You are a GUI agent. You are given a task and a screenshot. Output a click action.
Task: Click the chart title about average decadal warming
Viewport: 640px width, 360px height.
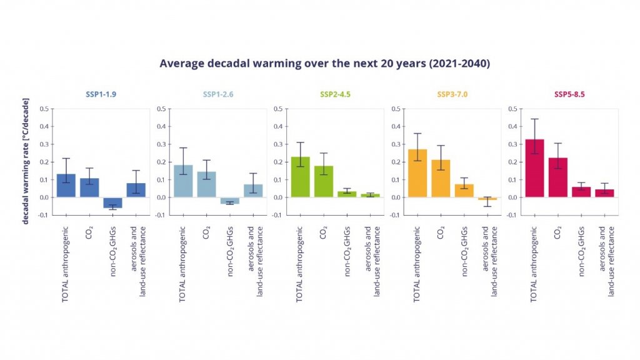(324, 63)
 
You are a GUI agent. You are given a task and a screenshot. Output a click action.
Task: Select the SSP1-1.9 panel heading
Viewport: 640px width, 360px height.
(101, 94)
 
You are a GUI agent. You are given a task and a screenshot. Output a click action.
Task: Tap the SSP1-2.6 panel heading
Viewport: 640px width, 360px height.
(218, 94)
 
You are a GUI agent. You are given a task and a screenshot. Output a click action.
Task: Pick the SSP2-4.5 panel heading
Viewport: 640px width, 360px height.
(335, 94)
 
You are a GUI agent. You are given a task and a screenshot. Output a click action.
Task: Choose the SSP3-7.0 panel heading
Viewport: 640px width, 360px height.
(452, 94)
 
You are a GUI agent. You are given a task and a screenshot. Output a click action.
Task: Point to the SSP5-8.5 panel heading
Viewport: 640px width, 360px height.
(569, 94)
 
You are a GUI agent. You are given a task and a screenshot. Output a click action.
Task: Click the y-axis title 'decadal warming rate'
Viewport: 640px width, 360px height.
(26, 161)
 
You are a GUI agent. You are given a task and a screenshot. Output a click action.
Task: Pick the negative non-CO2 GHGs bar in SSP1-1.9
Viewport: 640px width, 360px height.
(112, 202)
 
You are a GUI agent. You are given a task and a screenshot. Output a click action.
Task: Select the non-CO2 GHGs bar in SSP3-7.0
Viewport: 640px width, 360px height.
(464, 191)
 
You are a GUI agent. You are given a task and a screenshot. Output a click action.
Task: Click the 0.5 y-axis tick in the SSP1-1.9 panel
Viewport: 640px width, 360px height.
(44, 109)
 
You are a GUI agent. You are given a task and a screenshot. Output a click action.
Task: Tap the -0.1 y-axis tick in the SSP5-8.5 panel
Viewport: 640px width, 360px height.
(511, 215)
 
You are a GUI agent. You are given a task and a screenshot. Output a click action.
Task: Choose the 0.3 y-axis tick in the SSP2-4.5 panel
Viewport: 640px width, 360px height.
(277, 144)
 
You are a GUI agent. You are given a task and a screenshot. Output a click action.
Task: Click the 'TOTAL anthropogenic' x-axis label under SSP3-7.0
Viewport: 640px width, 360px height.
(417, 262)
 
